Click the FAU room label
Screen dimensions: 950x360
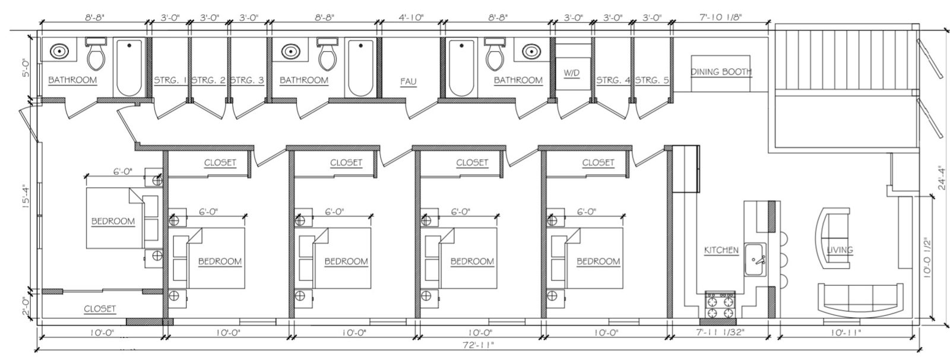(x=408, y=81)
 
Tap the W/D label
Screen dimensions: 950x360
(x=571, y=73)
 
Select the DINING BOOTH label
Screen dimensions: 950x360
(x=721, y=72)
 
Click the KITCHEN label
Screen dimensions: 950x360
(x=721, y=250)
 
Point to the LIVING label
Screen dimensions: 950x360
(x=840, y=250)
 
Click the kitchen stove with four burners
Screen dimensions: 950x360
(x=720, y=305)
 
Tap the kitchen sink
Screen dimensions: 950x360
(x=755, y=259)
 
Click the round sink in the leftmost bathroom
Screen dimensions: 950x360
(x=60, y=51)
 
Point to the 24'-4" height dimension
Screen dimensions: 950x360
(x=940, y=177)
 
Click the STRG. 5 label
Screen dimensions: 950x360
(x=653, y=80)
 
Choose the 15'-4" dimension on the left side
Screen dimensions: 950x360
(x=26, y=198)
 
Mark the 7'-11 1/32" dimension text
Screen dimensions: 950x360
(x=721, y=333)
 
